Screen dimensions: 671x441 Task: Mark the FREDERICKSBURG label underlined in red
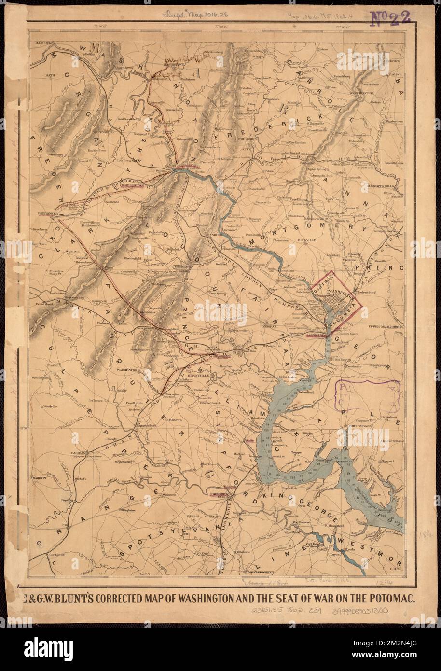point(221,494)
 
